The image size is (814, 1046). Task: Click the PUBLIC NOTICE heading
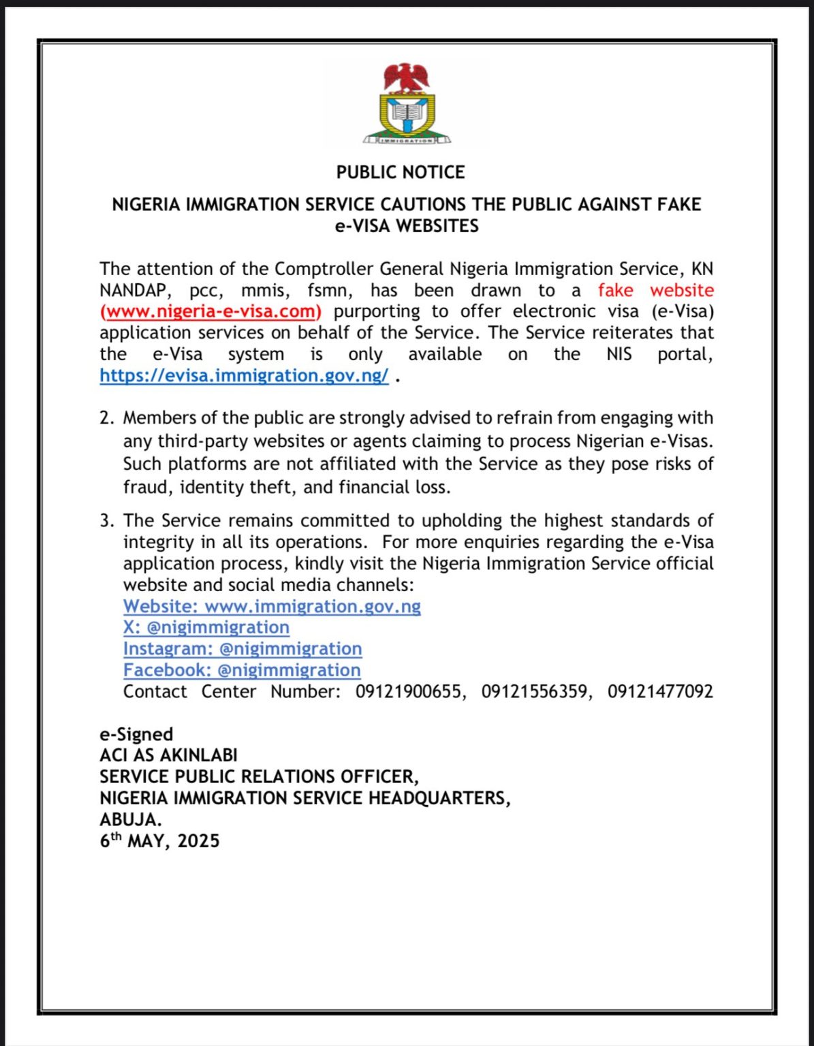(401, 172)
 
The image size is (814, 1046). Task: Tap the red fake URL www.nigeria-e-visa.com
(210, 312)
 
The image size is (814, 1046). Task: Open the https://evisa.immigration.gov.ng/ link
(244, 376)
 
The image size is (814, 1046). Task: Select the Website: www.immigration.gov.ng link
(272, 606)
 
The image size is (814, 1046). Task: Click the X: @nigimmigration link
(206, 627)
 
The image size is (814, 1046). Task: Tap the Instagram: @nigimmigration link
(242, 648)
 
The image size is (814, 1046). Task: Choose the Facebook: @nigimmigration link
(242, 670)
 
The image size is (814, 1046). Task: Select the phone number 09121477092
(660, 692)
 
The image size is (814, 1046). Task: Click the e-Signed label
(136, 734)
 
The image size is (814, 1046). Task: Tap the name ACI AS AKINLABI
(168, 755)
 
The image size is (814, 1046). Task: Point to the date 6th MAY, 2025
(159, 841)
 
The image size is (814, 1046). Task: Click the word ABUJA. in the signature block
(131, 819)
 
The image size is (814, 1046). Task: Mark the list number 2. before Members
(106, 418)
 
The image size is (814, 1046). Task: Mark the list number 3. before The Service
(106, 521)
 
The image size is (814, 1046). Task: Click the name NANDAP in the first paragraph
(133, 291)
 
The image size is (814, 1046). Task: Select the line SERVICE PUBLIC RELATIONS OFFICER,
(259, 777)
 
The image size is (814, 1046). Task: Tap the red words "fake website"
(655, 291)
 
